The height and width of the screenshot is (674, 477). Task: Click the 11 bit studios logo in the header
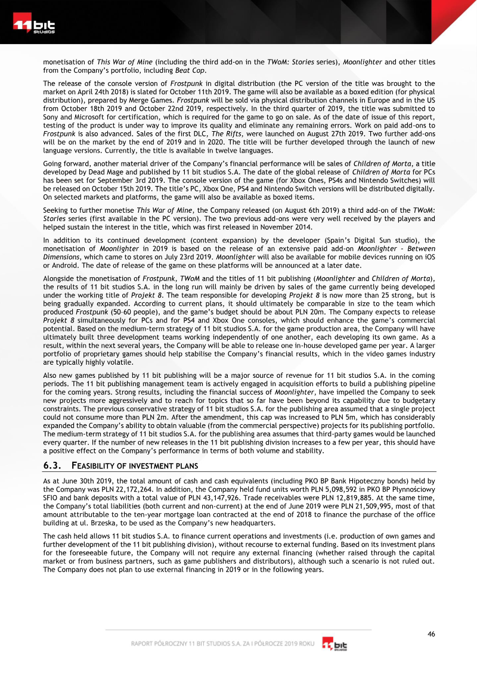coord(34,26)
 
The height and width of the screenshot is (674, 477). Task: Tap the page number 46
coord(431,634)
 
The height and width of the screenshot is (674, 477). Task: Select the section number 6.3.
coord(54,465)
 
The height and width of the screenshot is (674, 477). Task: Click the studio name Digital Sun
coord(368,240)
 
